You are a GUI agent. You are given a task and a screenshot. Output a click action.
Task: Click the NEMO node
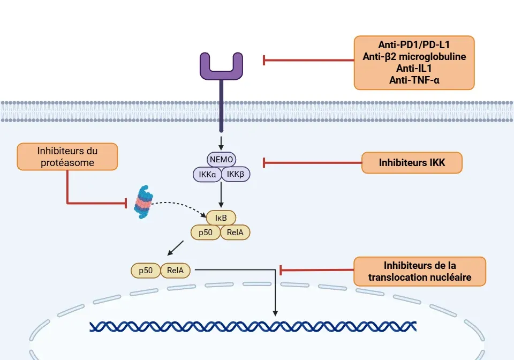221,159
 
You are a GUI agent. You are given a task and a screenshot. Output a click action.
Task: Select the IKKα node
207,174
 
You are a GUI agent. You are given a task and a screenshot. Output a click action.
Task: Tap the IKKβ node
236,174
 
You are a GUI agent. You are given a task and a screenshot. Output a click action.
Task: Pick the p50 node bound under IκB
205,232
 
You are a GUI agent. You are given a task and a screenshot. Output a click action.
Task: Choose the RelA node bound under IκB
236,232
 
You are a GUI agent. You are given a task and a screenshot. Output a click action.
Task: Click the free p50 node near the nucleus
146,271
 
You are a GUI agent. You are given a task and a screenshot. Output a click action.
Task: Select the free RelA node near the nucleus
176,271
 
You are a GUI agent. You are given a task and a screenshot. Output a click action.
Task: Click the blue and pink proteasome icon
143,202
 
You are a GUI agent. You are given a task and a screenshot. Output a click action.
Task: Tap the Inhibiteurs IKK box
412,162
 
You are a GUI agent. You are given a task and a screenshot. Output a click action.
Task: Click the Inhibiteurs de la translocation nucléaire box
420,271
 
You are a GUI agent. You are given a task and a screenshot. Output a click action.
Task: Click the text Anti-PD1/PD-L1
414,45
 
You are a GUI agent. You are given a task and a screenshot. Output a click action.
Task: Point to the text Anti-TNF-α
414,80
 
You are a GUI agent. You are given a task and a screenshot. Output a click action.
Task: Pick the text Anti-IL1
414,69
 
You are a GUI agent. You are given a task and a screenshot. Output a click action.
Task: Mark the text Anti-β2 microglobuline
414,57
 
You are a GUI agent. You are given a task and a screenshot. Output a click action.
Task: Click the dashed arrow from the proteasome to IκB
179,204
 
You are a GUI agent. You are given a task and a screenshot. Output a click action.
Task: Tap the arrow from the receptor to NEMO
221,143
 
